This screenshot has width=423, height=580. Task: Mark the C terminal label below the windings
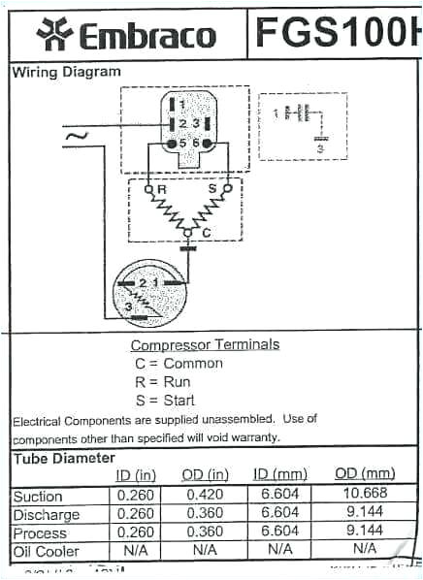point(206,234)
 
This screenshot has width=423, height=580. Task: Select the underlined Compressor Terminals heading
point(205,344)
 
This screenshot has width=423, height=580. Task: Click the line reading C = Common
point(179,363)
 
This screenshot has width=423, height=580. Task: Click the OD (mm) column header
point(365,473)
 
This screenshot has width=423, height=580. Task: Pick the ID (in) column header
point(136,474)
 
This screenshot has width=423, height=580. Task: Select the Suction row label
point(38,497)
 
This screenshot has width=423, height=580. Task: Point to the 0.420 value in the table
point(205,496)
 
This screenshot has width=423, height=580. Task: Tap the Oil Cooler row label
point(45,551)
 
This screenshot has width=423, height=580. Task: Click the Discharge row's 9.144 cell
point(365,513)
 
